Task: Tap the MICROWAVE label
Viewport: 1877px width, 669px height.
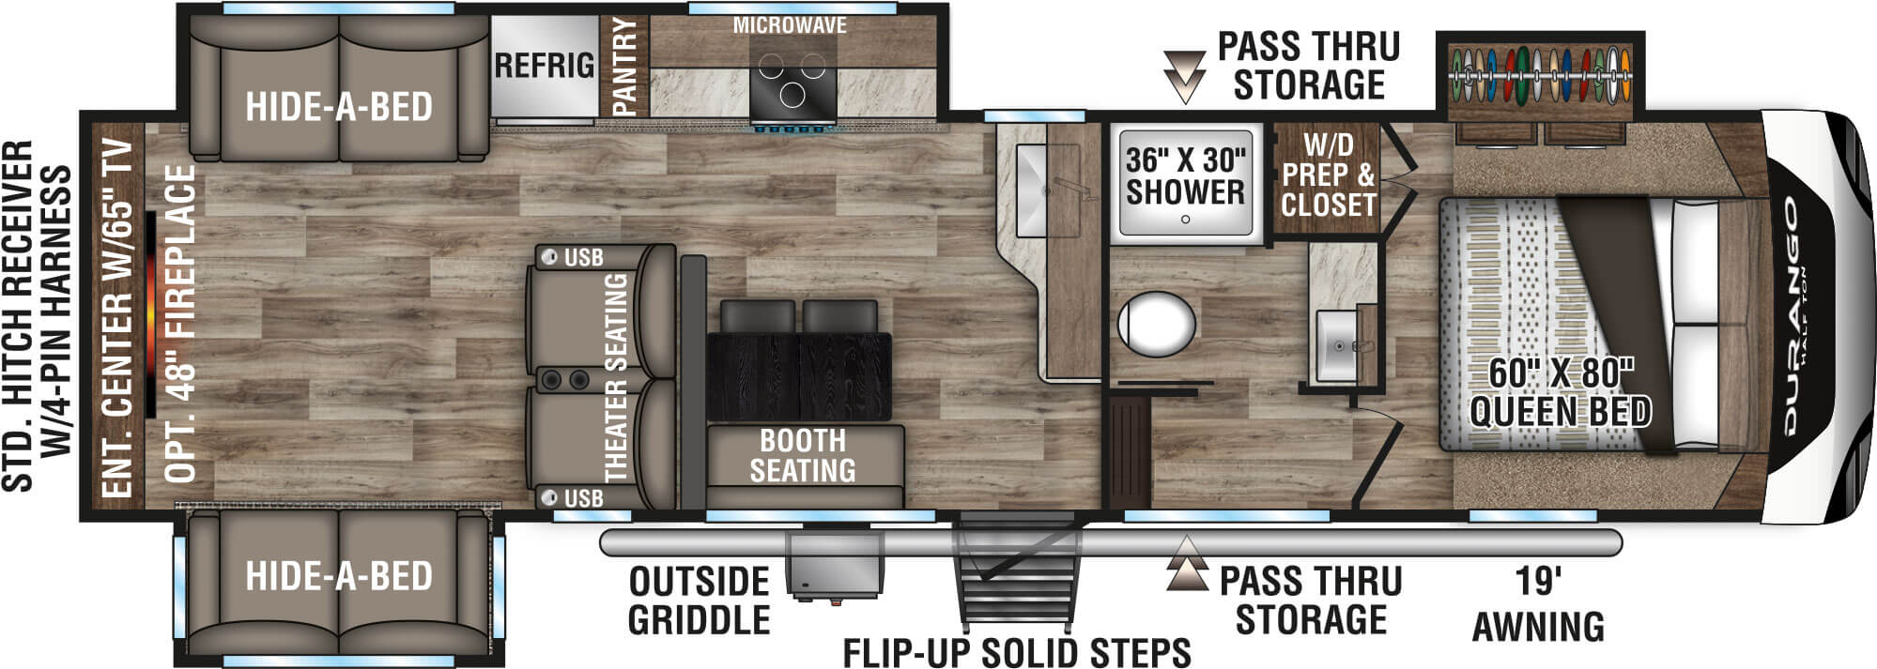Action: click(790, 26)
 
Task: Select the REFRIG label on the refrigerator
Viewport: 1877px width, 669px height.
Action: click(545, 66)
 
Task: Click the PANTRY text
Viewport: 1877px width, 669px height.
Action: click(624, 66)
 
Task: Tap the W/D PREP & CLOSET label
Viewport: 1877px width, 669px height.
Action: click(1328, 175)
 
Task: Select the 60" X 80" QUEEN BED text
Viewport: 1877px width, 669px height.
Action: click(1560, 392)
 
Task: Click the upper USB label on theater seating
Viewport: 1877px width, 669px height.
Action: click(583, 258)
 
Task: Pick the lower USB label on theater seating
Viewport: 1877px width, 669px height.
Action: click(583, 498)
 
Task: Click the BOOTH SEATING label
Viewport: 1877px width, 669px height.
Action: click(803, 455)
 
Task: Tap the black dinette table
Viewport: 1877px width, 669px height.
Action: click(798, 375)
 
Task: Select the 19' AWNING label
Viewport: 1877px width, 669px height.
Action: click(1538, 604)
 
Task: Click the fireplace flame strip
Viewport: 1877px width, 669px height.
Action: click(150, 314)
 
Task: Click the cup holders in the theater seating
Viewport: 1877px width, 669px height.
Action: click(563, 379)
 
